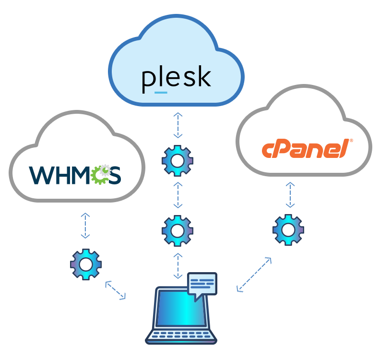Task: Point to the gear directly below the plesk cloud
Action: coord(178,160)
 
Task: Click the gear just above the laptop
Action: coord(178,230)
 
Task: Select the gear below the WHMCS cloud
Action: coord(86,264)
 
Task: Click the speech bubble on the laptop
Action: coord(202,284)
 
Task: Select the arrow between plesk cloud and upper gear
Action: coord(178,126)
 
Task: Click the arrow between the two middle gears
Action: coord(178,195)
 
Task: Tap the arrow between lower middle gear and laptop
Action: coord(178,265)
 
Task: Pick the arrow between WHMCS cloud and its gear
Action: coord(85,226)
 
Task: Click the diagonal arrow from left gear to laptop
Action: coord(115,290)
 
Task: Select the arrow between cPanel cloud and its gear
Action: coord(289,195)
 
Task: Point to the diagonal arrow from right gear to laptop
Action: coord(254,275)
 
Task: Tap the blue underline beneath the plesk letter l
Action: coord(161,92)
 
